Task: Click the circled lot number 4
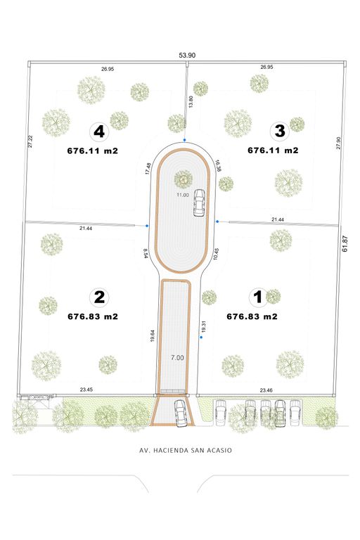click(99, 131)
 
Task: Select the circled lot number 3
click(280, 131)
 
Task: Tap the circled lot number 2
click(99, 297)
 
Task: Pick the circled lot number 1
click(257, 297)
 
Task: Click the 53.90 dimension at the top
click(187, 55)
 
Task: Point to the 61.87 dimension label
click(345, 243)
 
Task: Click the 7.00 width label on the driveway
click(177, 358)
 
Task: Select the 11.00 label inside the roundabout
click(183, 195)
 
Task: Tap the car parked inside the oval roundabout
click(199, 202)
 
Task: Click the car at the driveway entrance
click(180, 413)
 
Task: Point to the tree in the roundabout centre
click(183, 179)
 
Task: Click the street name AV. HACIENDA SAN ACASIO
click(186, 450)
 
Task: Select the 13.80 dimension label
click(191, 101)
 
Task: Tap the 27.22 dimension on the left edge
click(30, 141)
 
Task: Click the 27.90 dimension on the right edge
click(338, 143)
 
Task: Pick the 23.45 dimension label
click(86, 390)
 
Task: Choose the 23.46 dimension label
click(266, 390)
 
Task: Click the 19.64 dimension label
click(153, 336)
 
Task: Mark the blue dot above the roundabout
click(185, 140)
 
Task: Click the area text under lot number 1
click(252, 316)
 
